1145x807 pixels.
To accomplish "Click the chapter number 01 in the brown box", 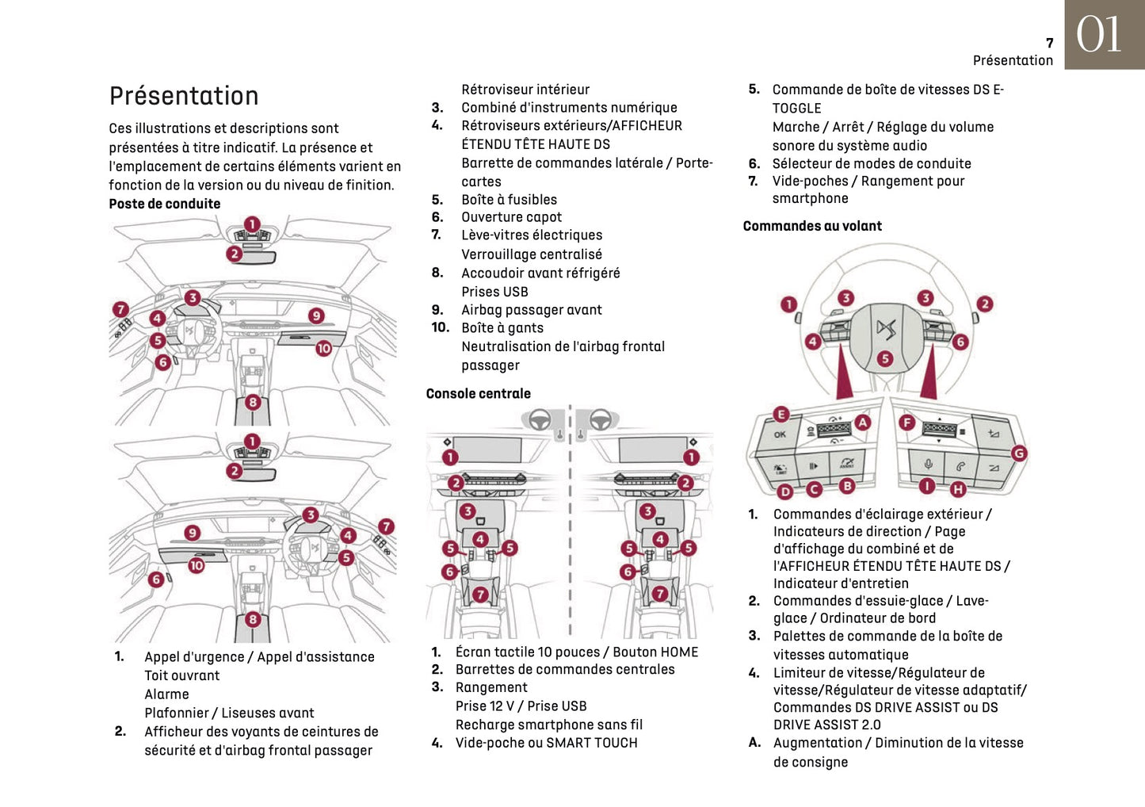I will click(1099, 35).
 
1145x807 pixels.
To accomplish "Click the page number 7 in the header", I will click(1049, 44).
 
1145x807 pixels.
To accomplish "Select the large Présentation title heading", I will click(184, 96).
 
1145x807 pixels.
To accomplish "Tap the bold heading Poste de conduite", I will click(165, 204).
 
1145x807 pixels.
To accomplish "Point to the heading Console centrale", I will click(478, 393).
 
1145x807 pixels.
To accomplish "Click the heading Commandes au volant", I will click(812, 226).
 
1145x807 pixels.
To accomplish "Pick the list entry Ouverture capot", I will click(511, 217).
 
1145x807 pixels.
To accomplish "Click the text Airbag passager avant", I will click(531, 310).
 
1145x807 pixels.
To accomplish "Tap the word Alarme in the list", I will click(166, 694).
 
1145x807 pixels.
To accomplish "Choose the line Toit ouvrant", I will click(181, 675).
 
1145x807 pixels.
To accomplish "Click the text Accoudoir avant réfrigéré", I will click(540, 273).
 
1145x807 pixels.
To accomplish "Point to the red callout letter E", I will click(781, 415).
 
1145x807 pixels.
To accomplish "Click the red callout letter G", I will click(1019, 453).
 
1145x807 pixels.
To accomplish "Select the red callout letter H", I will click(958, 490).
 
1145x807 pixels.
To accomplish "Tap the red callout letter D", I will click(784, 491).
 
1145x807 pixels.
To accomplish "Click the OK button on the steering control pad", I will click(780, 434).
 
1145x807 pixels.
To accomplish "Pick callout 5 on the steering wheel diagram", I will click(885, 359).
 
